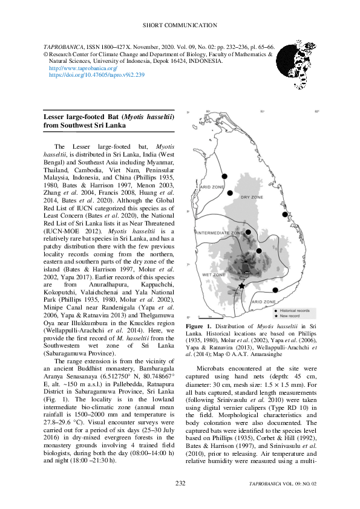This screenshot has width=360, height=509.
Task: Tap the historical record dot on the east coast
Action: coord(285,214)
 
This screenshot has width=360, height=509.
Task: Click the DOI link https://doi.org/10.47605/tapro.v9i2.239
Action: coord(96,75)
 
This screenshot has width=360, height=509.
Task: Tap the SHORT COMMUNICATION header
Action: coord(180,25)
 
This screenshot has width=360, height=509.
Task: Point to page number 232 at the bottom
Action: coord(180,483)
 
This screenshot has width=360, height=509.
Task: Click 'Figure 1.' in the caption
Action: coord(200,326)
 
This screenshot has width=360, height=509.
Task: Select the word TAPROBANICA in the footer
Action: coord(270,484)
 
